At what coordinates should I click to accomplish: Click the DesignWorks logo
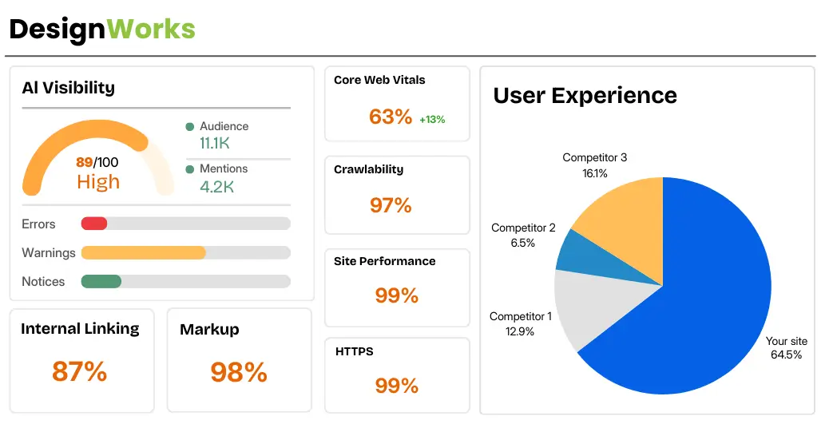[x=102, y=30]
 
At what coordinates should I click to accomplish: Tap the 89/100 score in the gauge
[x=97, y=162]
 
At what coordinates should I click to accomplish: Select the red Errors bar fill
[x=94, y=224]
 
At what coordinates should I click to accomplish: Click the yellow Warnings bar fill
[x=143, y=252]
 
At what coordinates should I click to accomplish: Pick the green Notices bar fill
[x=101, y=281]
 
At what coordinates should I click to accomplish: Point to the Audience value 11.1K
[x=214, y=143]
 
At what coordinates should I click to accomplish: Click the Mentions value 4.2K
[x=216, y=187]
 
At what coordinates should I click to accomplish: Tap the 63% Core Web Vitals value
[x=391, y=117]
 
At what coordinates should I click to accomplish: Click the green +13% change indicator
[x=432, y=120]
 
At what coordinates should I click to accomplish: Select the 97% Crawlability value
[x=391, y=205]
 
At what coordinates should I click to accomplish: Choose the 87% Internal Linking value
[x=79, y=371]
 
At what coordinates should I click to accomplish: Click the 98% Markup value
[x=239, y=372]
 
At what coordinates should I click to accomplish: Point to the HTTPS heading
[x=354, y=351]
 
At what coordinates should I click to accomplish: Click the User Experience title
[x=585, y=95]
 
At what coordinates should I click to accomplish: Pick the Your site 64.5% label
[x=786, y=347]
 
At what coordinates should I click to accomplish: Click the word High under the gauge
[x=98, y=182]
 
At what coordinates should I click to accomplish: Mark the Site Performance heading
[x=385, y=261]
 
